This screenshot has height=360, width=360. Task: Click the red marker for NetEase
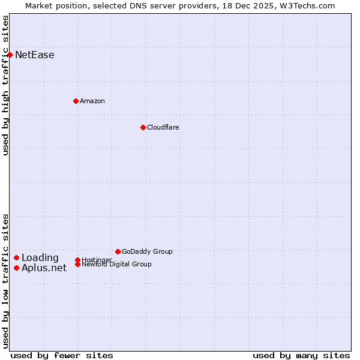click(x=10, y=55)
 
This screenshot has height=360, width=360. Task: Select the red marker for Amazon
click(x=76, y=101)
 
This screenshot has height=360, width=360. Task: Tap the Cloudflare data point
click(x=143, y=127)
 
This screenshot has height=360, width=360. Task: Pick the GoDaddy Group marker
click(x=118, y=251)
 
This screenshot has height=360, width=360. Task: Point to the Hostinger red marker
click(x=77, y=260)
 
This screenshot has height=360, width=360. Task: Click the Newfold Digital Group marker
click(x=77, y=264)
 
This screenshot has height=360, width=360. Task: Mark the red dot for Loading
click(x=16, y=258)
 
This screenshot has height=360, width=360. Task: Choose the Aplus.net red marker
click(x=16, y=268)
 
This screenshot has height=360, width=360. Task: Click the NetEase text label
click(x=35, y=55)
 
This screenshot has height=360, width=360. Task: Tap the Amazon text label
click(x=92, y=101)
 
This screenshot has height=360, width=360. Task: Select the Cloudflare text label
click(x=163, y=127)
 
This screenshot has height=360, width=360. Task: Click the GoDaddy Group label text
click(x=147, y=251)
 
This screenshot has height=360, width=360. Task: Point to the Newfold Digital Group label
click(x=117, y=265)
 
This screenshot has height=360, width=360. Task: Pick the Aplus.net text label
click(x=44, y=268)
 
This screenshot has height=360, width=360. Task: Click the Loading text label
click(x=40, y=258)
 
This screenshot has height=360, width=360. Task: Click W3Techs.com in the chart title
click(x=309, y=5)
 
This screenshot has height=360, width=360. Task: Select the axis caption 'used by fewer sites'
click(x=62, y=355)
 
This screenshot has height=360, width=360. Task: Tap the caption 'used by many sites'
click(x=301, y=355)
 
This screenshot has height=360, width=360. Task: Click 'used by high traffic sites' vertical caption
click(x=5, y=85)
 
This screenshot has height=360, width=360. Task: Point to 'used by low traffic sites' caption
click(x=5, y=281)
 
